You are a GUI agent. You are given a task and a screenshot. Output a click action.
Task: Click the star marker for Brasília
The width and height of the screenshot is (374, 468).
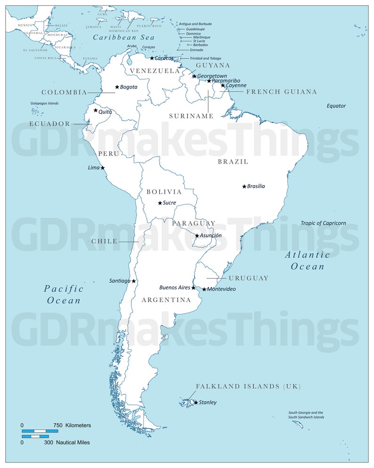click(244, 187)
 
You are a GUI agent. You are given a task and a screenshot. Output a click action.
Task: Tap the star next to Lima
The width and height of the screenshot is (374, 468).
click(103, 168)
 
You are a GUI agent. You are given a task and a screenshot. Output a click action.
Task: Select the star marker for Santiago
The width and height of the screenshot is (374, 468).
click(133, 281)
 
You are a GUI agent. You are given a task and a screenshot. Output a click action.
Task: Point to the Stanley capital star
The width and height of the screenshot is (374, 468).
click(196, 402)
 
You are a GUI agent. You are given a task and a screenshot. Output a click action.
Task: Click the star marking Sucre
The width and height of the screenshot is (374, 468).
click(160, 203)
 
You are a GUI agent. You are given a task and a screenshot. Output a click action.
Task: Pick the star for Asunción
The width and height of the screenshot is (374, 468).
click(197, 236)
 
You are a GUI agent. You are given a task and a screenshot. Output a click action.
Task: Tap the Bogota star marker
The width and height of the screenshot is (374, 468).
click(117, 87)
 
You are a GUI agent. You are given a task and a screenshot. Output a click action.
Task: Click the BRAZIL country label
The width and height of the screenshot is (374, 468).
click(233, 162)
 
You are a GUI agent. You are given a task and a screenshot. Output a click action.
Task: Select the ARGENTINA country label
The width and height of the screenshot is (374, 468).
click(166, 300)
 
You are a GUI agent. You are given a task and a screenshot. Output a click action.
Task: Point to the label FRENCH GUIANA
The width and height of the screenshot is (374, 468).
click(281, 92)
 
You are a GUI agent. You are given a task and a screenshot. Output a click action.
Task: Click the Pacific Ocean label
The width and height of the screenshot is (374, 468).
click(63, 295)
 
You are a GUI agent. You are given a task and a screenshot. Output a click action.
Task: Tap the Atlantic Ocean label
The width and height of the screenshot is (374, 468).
click(307, 261)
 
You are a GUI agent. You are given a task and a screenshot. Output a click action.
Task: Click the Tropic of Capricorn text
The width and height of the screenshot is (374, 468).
click(323, 223)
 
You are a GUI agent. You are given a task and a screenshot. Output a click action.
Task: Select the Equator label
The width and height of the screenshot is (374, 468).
click(336, 106)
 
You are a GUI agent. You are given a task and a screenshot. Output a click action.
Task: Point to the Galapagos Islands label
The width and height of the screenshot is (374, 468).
click(45, 103)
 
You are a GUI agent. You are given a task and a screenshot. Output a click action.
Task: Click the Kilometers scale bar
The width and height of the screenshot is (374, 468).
click(40, 431)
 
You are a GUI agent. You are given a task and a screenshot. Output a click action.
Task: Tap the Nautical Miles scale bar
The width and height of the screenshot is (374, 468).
click(35, 436)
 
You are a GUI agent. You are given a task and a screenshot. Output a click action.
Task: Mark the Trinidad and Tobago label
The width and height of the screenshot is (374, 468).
click(205, 58)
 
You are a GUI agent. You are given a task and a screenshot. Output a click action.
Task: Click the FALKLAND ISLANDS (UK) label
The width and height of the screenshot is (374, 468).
click(248, 386)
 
